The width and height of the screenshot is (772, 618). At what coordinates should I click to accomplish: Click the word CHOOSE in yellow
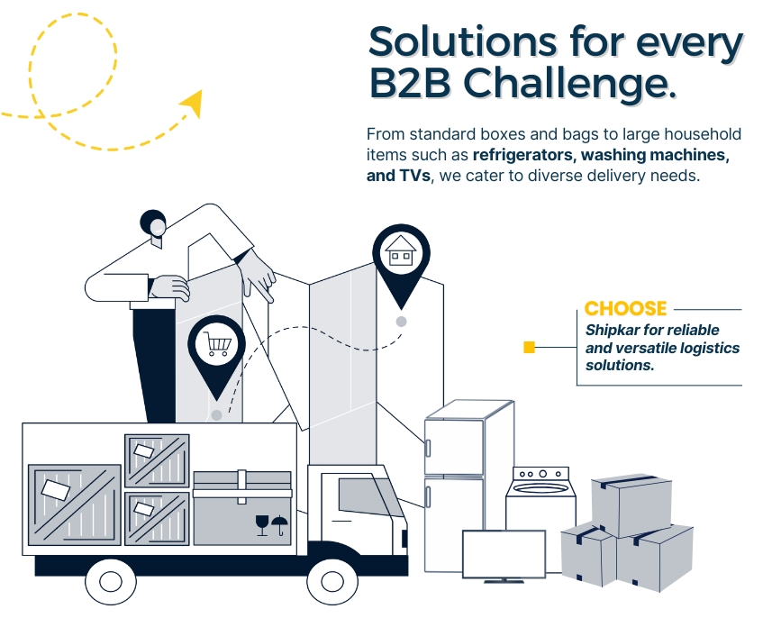coord(625,308)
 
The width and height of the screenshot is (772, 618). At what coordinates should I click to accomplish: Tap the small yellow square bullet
coord(530,347)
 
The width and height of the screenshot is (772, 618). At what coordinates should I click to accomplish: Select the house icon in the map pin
coord(401,251)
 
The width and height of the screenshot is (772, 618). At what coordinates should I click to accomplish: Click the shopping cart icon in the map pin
coord(216,344)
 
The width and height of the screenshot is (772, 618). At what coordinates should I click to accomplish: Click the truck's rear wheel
coord(110,581)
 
